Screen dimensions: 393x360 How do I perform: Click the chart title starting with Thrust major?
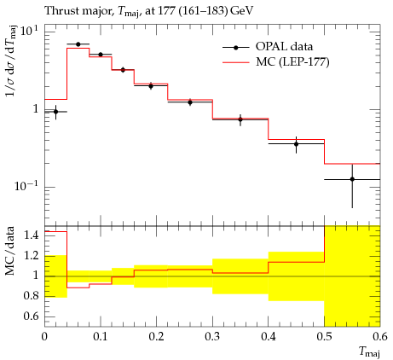point(149,11)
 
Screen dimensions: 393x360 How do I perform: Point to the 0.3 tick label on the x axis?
point(212,337)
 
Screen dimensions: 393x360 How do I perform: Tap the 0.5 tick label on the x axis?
point(325,337)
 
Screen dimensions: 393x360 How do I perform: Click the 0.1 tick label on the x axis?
point(101,337)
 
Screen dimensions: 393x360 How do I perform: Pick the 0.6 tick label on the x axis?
point(380,337)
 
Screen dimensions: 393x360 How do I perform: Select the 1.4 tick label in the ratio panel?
point(31,235)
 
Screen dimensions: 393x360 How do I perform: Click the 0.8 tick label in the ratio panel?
point(31,296)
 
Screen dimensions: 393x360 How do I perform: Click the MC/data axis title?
point(10,251)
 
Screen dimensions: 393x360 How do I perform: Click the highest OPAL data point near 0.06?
point(78,44)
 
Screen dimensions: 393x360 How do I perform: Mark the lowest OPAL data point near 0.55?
point(352,179)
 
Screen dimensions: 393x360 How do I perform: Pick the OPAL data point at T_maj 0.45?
point(297,144)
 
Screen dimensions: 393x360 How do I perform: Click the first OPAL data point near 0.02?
point(55,112)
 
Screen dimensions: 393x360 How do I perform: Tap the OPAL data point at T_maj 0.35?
point(240,119)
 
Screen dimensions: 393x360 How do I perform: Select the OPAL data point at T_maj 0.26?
point(190,102)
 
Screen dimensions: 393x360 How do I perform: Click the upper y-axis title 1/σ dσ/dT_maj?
point(11,61)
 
